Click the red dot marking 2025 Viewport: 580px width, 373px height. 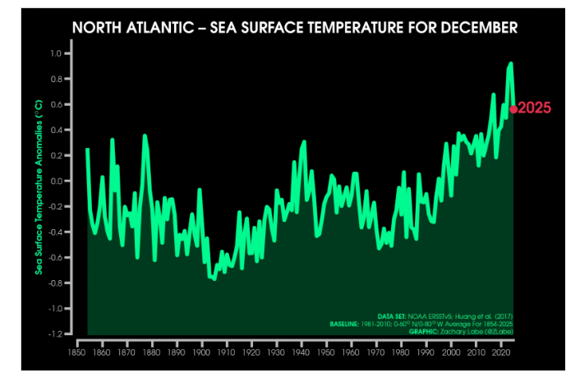(x=513, y=108)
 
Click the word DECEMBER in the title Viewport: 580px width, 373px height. (x=480, y=27)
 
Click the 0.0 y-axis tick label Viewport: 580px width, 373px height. (x=57, y=181)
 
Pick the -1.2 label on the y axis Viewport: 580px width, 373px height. (x=55, y=334)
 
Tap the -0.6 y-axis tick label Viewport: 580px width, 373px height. (x=55, y=258)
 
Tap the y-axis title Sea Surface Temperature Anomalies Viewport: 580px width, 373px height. (x=38, y=194)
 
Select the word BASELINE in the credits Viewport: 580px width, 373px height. (x=343, y=324)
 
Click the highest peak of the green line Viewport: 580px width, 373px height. (x=510, y=63)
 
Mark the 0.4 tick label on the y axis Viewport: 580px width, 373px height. (x=57, y=130)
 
